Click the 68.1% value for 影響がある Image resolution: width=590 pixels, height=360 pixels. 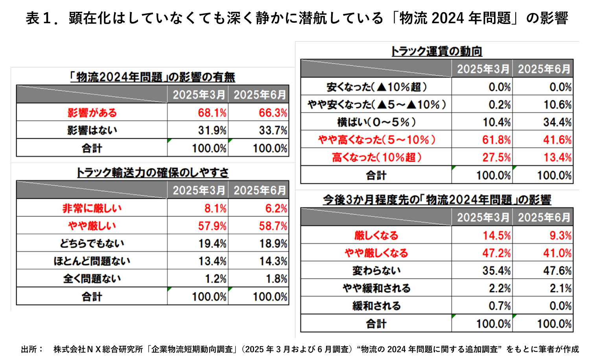(212, 113)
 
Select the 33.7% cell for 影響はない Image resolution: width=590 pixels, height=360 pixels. (273, 130)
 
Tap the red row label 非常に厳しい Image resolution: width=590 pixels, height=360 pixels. (92, 208)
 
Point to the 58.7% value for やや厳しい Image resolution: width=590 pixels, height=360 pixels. (273, 226)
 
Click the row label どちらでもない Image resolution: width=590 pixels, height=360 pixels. (92, 244)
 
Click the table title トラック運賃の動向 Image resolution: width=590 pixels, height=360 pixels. (437, 51)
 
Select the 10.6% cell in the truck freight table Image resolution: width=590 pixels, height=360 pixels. (557, 105)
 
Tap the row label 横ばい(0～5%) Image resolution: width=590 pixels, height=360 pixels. (376, 122)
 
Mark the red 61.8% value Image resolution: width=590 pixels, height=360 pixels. (496, 140)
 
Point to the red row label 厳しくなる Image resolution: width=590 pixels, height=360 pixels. (376, 235)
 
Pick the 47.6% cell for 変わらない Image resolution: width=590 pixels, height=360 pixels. (557, 271)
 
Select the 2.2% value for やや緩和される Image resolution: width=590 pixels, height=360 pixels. (500, 288)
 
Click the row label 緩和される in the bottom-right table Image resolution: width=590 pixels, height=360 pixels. (376, 306)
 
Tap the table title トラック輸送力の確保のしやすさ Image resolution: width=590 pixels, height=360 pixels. (153, 172)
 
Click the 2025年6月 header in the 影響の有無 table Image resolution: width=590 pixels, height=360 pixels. (260, 95)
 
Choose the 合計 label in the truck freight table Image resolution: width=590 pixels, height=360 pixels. (376, 175)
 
